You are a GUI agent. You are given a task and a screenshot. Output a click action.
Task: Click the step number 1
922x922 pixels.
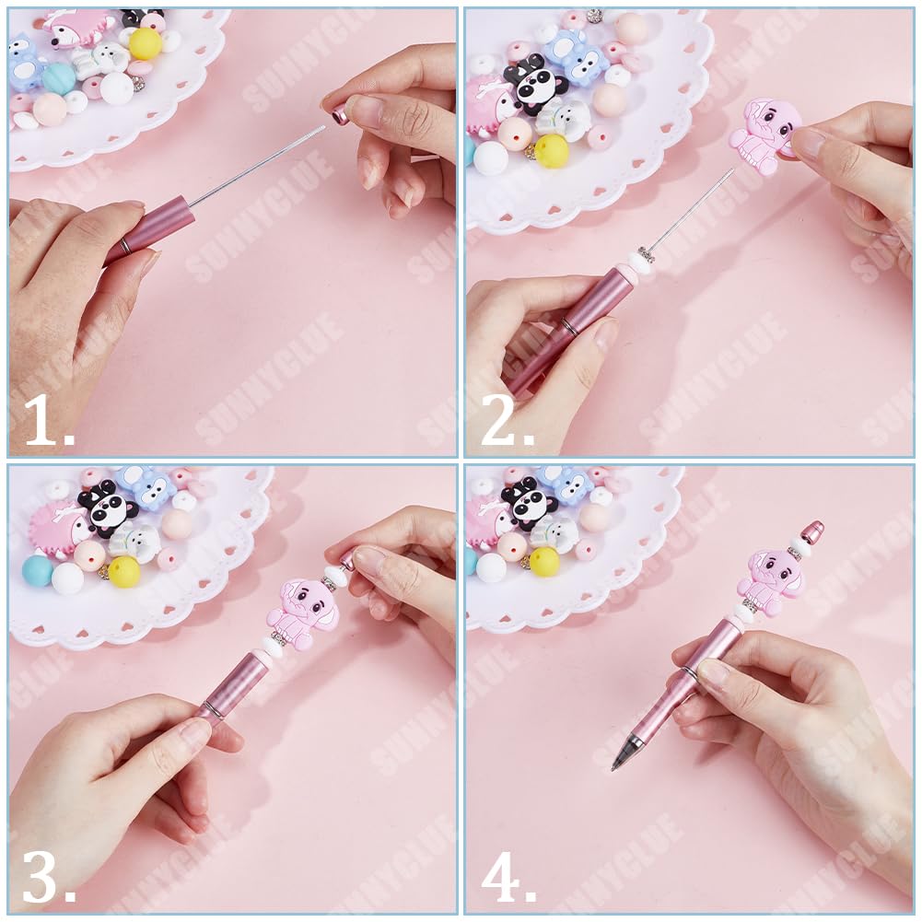pos(48,421)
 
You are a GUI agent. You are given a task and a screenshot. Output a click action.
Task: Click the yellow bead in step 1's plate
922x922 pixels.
pos(145,42)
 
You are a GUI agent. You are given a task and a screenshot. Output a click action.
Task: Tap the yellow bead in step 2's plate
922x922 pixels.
pos(552,151)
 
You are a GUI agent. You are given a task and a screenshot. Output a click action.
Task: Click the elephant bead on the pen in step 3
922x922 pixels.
pos(302,610)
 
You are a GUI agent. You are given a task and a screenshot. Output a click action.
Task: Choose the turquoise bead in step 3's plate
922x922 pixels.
pos(38,570)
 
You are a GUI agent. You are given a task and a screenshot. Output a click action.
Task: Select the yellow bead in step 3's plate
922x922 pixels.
pos(123,571)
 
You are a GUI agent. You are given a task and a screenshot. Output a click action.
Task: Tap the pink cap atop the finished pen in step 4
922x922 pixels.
pos(811,531)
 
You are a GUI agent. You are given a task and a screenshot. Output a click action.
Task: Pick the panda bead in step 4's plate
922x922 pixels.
pos(529,502)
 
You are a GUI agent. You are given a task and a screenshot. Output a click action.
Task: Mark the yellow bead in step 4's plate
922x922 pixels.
pos(544,561)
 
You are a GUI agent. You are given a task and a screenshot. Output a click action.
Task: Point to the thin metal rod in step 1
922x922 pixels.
pos(258,166)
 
